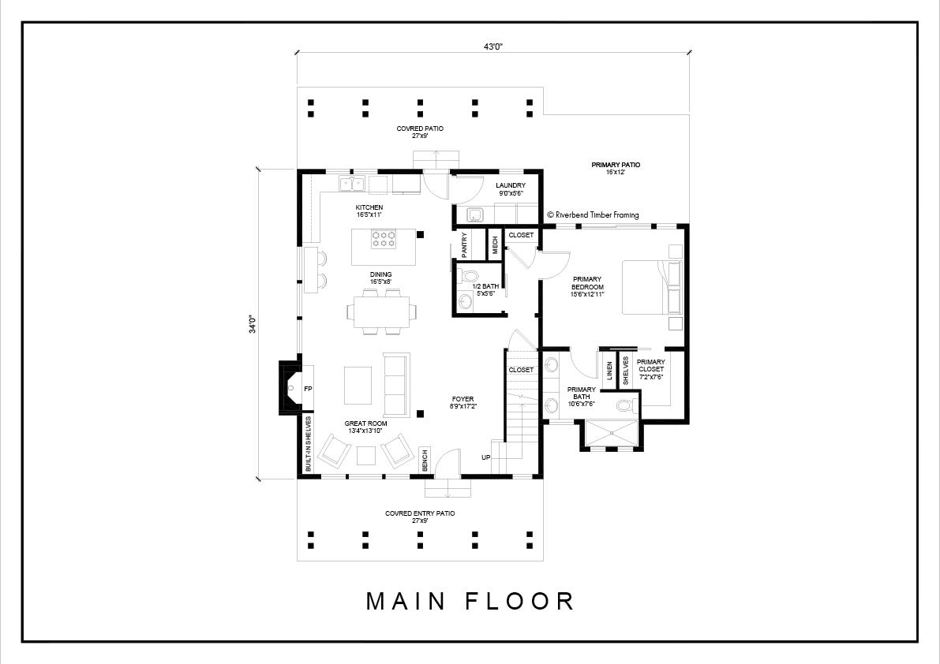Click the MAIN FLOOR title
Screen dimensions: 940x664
point(470,601)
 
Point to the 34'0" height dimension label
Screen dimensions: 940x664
point(253,324)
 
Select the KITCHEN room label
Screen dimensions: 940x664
point(369,207)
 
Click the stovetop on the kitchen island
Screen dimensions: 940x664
point(384,239)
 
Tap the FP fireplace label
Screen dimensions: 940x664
point(308,390)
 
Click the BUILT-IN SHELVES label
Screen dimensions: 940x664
point(308,444)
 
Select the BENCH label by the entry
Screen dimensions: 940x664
point(425,460)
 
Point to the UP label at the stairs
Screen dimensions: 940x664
point(485,457)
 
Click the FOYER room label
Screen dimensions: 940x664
point(463,399)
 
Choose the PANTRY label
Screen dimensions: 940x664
point(464,245)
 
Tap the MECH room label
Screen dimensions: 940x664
point(495,245)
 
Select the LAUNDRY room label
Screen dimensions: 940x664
point(511,185)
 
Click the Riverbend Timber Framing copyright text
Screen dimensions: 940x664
point(593,215)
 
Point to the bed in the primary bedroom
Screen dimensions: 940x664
point(652,287)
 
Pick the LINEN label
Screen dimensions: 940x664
point(609,371)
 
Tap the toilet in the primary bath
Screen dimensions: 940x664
point(627,406)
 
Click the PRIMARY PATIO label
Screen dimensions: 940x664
point(616,165)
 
